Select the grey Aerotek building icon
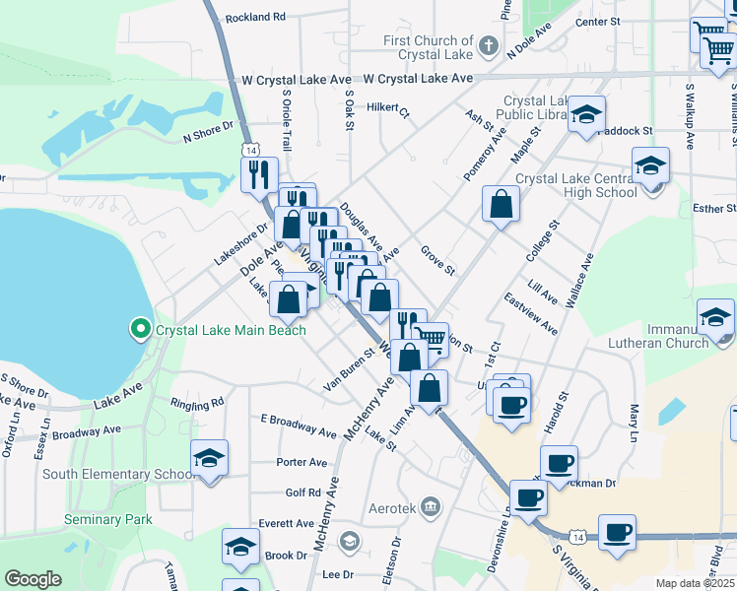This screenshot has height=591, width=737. [431, 506]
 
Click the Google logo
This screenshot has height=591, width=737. [33, 578]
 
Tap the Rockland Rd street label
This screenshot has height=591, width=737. [254, 18]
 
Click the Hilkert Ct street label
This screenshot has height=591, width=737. [387, 107]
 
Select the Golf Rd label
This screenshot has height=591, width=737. [303, 492]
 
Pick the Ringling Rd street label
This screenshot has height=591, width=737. [197, 404]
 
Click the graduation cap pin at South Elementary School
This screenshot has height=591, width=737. [209, 458]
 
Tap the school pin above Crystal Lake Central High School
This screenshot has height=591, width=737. [650, 164]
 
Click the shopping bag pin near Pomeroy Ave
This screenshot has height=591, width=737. [502, 205]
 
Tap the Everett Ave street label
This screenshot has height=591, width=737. [286, 523]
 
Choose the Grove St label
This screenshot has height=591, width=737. [437, 263]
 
